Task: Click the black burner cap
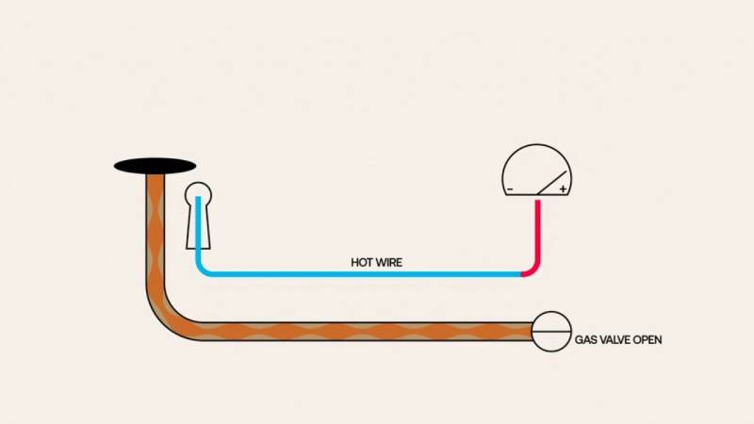click(155, 167)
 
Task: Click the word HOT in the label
click(362, 263)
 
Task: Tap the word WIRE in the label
click(389, 263)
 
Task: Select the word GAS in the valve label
click(585, 340)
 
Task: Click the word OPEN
click(647, 340)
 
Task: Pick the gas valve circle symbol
click(551, 332)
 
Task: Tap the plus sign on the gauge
click(563, 189)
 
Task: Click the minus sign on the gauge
click(510, 189)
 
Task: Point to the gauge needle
click(551, 183)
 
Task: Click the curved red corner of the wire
click(533, 270)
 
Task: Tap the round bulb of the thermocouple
click(198, 193)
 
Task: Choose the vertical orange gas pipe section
click(155, 231)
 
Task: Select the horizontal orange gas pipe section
click(366, 332)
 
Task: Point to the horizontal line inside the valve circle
click(551, 332)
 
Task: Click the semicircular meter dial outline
click(537, 145)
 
